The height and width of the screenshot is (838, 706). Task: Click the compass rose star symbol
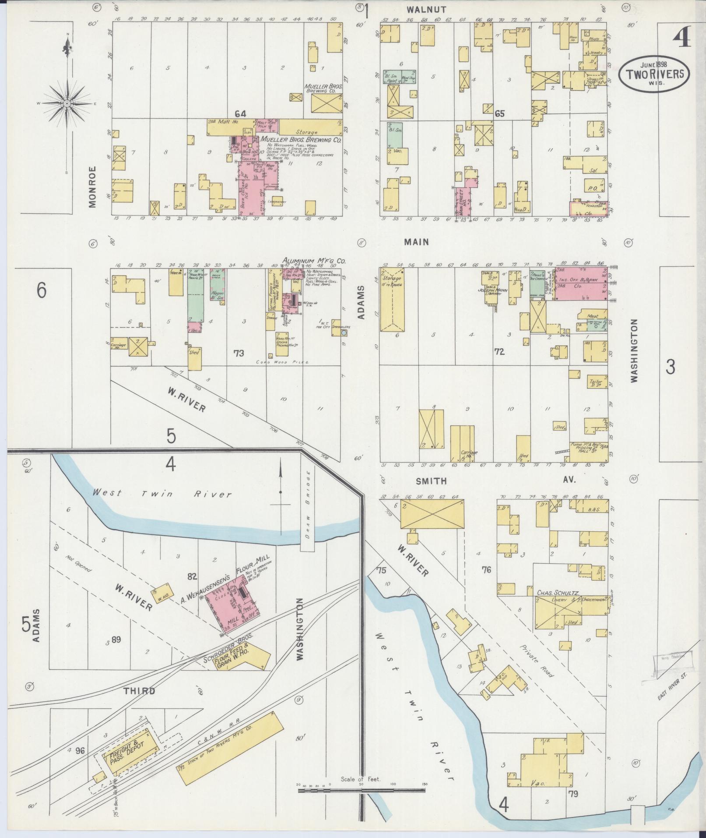pos(67,103)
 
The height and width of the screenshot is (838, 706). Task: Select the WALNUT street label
pos(420,9)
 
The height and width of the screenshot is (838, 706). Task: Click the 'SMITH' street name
pos(431,481)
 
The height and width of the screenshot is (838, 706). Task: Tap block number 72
pos(499,352)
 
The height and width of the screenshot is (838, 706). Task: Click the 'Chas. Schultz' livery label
pos(558,593)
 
